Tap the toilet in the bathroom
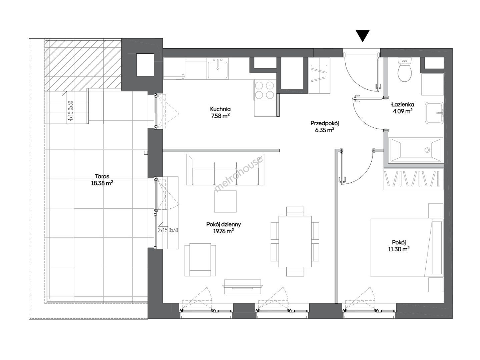click(x=405, y=70)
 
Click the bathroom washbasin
click(x=434, y=113)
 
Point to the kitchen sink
click(x=218, y=68)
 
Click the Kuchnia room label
click(x=220, y=109)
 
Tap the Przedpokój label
click(x=325, y=123)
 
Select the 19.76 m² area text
click(x=223, y=231)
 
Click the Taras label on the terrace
click(x=102, y=176)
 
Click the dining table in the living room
click(x=295, y=241)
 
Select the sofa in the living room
click(x=225, y=170)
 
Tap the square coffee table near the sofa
click(x=225, y=201)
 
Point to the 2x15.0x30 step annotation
click(x=168, y=230)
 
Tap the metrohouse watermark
click(x=239, y=174)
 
